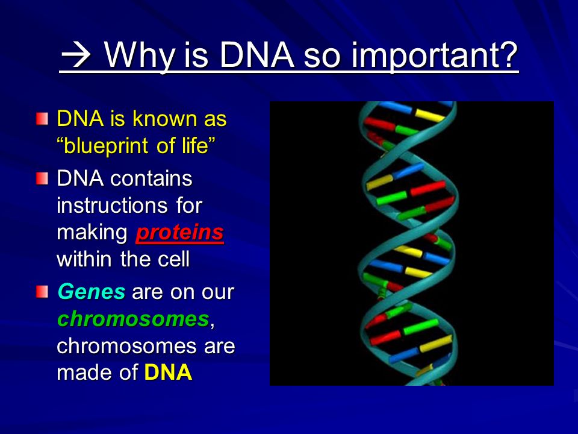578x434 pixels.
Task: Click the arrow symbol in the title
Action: coord(76,55)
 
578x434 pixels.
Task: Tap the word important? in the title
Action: coord(435,56)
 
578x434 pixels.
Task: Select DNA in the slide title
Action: coord(257,55)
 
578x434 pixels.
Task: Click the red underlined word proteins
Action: coord(180,233)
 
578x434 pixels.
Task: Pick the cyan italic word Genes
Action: coord(92,291)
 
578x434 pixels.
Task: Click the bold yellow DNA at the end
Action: coord(168,372)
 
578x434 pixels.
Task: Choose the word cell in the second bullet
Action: coord(173,259)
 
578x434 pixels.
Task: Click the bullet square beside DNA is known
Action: coord(42,119)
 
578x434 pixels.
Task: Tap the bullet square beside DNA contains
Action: coord(42,178)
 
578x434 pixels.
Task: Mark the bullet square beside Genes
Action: coord(42,292)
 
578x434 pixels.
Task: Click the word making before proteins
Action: coord(92,233)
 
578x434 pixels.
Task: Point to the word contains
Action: coord(151,178)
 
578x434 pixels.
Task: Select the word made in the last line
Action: coord(85,372)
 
